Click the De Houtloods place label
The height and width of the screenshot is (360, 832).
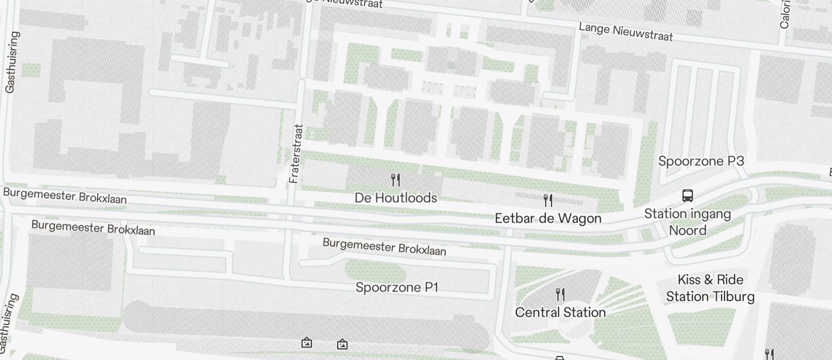click(x=396, y=198)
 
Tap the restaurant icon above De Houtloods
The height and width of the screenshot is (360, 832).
click(x=396, y=179)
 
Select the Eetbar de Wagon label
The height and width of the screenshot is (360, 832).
click(x=548, y=219)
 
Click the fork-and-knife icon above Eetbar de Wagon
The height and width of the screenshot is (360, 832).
click(x=548, y=200)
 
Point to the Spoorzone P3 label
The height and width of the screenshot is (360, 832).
click(x=701, y=161)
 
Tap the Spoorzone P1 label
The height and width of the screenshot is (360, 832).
click(x=397, y=288)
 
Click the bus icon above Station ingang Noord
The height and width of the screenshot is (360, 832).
click(x=688, y=196)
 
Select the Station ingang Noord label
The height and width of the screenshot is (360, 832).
click(x=688, y=222)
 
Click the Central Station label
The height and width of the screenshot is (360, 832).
click(x=560, y=313)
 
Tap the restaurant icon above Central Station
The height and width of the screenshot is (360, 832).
click(x=560, y=293)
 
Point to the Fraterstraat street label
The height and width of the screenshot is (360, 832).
click(x=296, y=153)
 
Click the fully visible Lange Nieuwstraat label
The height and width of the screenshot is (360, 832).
click(x=626, y=32)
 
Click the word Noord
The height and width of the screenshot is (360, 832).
click(x=688, y=230)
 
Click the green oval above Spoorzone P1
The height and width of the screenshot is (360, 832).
click(x=375, y=271)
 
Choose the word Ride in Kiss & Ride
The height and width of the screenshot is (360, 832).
click(x=730, y=279)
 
